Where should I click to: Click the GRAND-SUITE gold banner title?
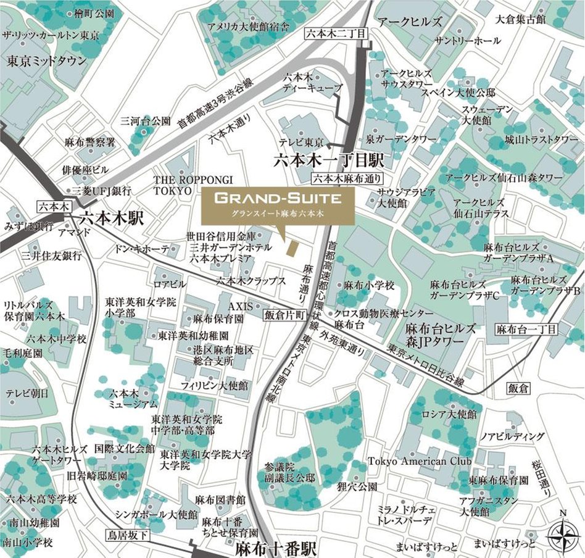pyautogui.click(x=278, y=199)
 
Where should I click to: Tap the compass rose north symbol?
pyautogui.click(x=562, y=531)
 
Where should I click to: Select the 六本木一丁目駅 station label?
pyautogui.click(x=329, y=162)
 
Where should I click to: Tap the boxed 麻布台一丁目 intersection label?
pyautogui.click(x=526, y=329)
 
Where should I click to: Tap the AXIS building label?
pyautogui.click(x=241, y=306)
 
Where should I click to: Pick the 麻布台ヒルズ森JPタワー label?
pyautogui.click(x=440, y=335)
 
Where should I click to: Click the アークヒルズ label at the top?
pyautogui.click(x=410, y=22)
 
